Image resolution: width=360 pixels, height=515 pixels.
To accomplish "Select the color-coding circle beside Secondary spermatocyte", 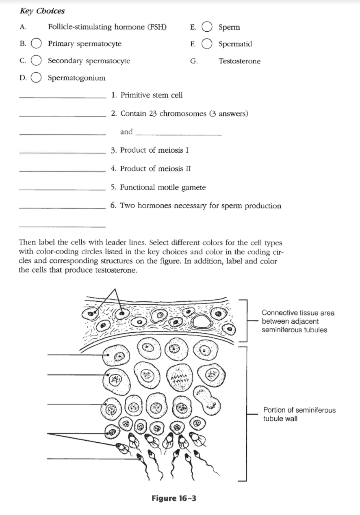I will pyautogui.click(x=36, y=61).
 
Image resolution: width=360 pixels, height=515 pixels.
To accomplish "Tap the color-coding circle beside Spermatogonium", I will pyautogui.click(x=36, y=78).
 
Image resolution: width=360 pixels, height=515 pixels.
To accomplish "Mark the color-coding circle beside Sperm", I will pyautogui.click(x=207, y=27).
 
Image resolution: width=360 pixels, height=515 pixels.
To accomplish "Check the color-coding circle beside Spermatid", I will pyautogui.click(x=207, y=44).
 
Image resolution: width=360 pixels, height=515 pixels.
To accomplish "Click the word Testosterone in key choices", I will pyautogui.click(x=239, y=61).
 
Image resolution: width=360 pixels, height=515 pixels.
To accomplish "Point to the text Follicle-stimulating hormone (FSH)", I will pyautogui.click(x=107, y=27).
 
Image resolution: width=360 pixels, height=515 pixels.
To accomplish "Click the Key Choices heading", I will pyautogui.click(x=42, y=11).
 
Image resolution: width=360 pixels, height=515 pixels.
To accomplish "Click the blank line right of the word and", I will pyautogui.click(x=178, y=134).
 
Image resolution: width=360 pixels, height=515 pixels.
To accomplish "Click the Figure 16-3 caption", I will pyautogui.click(x=174, y=498).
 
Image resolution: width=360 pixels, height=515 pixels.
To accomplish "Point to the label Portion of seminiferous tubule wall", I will pyautogui.click(x=299, y=414).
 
